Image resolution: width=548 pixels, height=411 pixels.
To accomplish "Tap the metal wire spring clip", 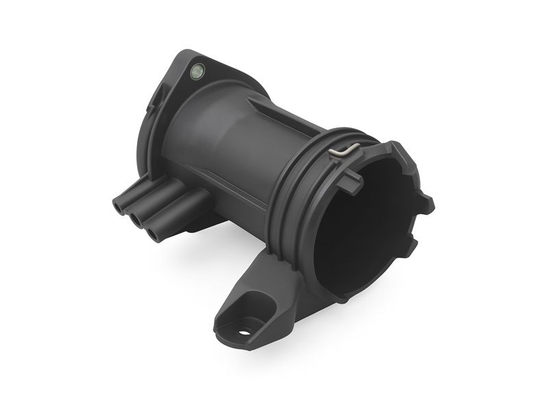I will [342, 151].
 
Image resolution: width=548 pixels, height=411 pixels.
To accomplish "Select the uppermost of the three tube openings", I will [119, 204].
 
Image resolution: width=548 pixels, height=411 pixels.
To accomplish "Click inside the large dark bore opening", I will [363, 233].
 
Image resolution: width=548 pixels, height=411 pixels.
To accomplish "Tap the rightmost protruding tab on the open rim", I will [426, 202].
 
